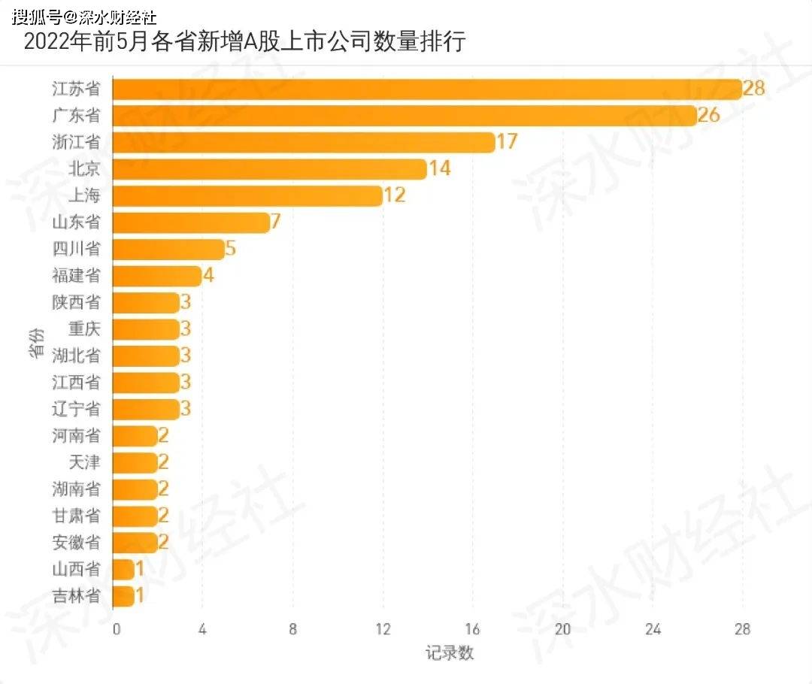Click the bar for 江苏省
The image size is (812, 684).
[x=427, y=89]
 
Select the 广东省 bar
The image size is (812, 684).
[x=404, y=115]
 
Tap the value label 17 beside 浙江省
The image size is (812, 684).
[x=507, y=141]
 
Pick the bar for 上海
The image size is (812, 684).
[x=248, y=195]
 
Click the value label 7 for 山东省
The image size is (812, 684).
[x=275, y=222]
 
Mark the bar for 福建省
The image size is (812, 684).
[x=157, y=276]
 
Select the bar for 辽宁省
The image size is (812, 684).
[x=147, y=409]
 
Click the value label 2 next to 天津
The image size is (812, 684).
[x=163, y=462]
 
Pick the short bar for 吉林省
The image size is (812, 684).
[x=124, y=596]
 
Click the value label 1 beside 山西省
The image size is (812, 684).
[x=140, y=569]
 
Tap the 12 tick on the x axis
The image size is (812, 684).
[x=383, y=630]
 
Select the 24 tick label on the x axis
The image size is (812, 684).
[x=653, y=630]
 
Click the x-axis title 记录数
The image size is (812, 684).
[x=450, y=652]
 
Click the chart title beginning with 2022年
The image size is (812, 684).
[x=245, y=41]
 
